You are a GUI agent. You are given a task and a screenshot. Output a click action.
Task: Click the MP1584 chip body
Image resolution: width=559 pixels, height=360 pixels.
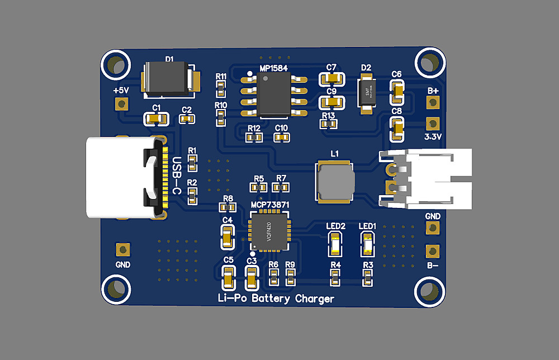pos(273,95)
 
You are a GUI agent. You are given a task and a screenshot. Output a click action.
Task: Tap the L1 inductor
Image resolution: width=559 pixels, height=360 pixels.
pos(335,181)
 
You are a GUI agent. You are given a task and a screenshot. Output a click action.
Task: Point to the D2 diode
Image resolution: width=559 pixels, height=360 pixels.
pos(366,93)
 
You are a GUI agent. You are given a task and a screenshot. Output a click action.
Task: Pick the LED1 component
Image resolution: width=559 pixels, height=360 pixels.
pos(368,244)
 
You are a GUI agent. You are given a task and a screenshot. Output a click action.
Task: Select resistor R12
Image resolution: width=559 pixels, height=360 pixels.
pos(254,137)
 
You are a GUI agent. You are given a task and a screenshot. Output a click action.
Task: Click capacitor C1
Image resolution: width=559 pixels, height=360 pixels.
pos(156,119)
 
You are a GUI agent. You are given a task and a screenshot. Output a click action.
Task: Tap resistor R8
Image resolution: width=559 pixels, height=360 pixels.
pos(226,207)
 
